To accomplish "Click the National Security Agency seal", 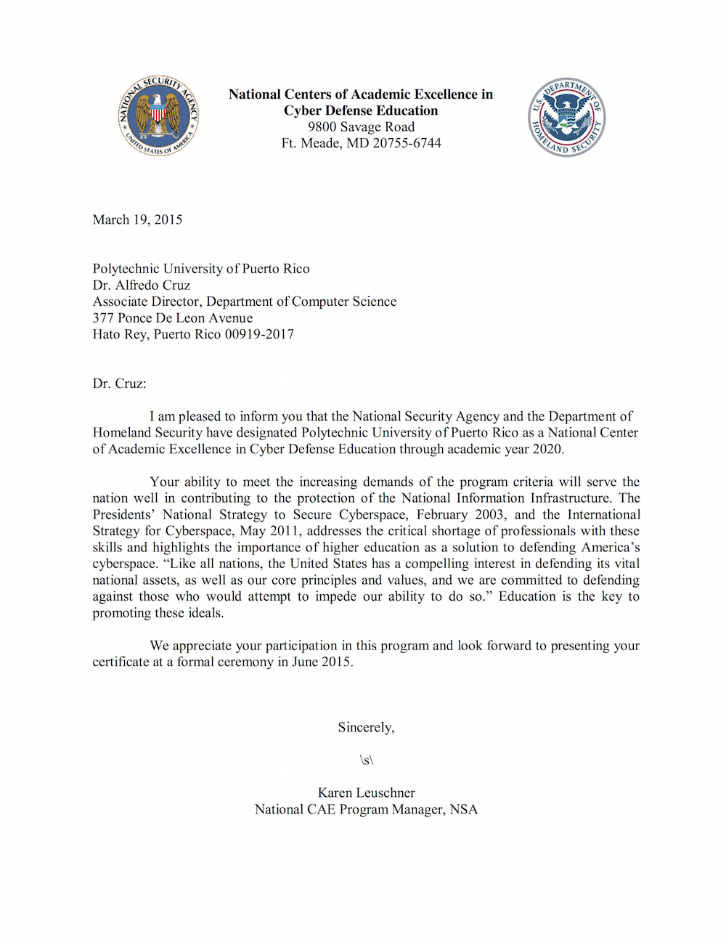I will [158, 116].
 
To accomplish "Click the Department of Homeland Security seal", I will [566, 117].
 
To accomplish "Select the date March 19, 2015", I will [137, 219].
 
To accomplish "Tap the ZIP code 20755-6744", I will [407, 143].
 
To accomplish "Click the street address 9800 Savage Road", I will [361, 126].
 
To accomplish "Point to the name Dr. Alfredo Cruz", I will [141, 285].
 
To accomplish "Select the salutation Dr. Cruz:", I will [119, 383].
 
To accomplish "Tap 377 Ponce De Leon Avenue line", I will [173, 317].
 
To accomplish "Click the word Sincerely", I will [365, 727].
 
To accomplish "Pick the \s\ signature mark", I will [366, 760].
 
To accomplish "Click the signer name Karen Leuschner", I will [366, 793].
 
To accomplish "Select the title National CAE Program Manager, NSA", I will [366, 809].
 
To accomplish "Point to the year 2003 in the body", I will [489, 514].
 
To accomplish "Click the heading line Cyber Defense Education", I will [361, 110].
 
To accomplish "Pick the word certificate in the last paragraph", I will [121, 662].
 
